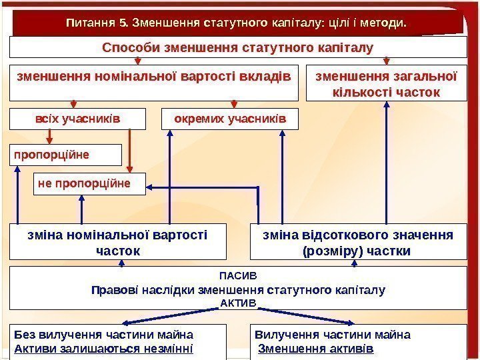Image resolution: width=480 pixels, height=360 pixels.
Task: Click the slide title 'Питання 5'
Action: [x=236, y=24]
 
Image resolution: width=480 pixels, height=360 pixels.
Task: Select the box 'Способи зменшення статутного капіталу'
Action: [x=238, y=47]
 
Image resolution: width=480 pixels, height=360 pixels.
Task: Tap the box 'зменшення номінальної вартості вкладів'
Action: [x=154, y=76]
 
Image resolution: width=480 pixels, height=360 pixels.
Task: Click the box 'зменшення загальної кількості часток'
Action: [x=386, y=83]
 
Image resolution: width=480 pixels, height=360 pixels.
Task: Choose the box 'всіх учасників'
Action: [x=77, y=119]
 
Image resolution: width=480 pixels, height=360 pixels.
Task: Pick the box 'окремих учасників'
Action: [x=231, y=119]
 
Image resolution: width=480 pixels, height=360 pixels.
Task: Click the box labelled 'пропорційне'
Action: [x=65, y=155]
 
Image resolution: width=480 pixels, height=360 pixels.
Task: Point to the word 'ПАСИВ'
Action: [x=238, y=274]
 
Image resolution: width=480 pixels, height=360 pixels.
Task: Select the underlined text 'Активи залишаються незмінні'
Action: [x=103, y=348]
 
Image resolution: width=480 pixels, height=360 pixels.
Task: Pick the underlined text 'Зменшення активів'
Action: [x=316, y=349]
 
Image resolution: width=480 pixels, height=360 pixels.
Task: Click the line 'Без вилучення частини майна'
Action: [x=103, y=334]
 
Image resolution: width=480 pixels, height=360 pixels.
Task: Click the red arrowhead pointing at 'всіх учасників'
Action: [x=74, y=105]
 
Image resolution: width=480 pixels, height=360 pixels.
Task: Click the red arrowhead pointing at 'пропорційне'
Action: [x=49, y=140]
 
